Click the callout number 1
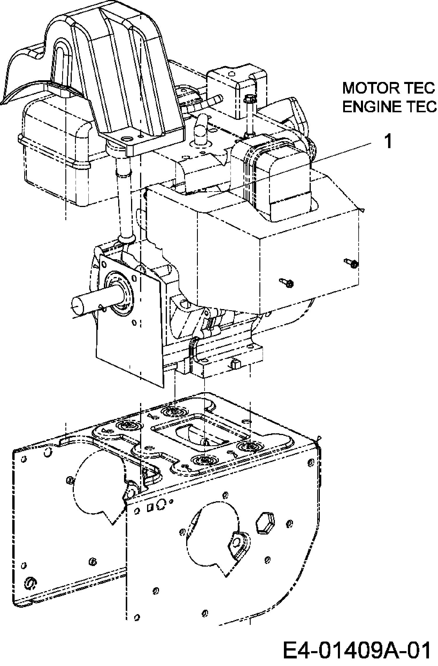point(388,141)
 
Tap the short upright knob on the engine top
point(201,128)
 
